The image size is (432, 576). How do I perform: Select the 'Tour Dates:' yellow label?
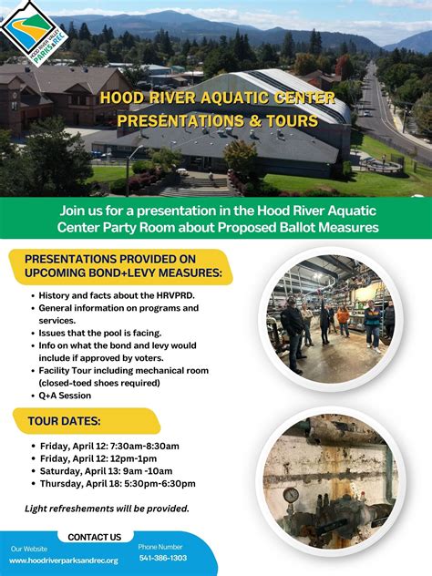[x=65, y=421]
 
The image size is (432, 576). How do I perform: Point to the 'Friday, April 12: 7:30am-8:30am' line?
[x=109, y=445]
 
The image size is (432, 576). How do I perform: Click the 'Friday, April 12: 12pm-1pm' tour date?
[x=98, y=458]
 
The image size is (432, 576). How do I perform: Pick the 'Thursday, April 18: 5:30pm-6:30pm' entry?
[x=118, y=484]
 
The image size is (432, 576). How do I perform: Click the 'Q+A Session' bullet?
[x=65, y=396]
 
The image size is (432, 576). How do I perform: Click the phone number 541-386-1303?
[x=162, y=558]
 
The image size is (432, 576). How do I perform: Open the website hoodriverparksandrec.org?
[x=64, y=561]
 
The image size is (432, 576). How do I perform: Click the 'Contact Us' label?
[x=94, y=537]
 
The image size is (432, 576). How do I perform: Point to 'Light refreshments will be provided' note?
[x=108, y=509]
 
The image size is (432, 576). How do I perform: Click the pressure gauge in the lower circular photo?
[x=291, y=495]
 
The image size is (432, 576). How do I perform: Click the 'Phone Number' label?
[x=160, y=546]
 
